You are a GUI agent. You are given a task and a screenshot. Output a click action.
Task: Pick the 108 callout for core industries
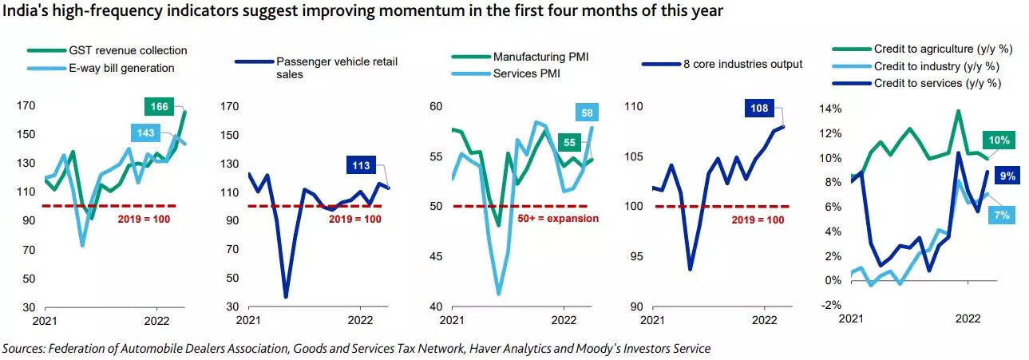758,108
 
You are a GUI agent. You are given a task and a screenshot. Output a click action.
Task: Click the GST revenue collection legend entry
111,50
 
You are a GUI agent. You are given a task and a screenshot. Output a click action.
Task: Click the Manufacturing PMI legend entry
544,57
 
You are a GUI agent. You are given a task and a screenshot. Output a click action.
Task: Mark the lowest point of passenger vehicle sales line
285,297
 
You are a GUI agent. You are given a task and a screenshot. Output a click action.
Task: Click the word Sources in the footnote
23,348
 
